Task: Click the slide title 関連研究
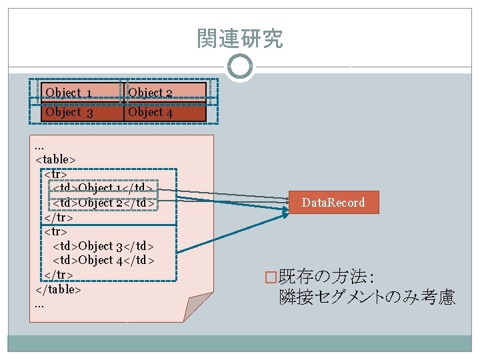pos(240,38)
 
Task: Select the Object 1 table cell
pos(83,93)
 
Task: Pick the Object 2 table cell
pos(165,93)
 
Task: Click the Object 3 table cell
pos(83,113)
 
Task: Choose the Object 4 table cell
pos(165,113)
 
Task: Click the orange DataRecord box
pos(334,203)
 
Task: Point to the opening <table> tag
pos(55,160)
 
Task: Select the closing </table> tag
pos(58,289)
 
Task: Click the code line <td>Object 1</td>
pos(103,187)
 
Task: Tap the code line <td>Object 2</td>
pos(103,203)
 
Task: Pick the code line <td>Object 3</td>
pos(103,246)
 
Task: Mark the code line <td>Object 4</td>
pos(103,260)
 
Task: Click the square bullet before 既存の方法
pos(271,277)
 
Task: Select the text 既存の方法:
pos(326,277)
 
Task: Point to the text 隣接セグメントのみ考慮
pos(367,297)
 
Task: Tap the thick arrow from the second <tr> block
pos(233,233)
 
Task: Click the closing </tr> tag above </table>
pos(59,275)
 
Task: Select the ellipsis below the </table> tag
pos(39,306)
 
